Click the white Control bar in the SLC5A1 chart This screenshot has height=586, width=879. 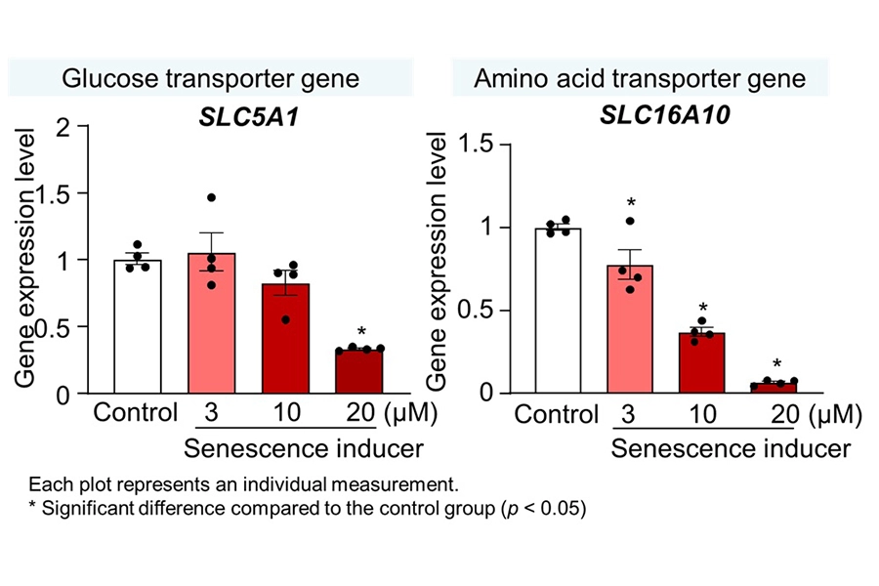[x=137, y=327]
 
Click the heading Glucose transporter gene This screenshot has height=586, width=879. [x=209, y=78]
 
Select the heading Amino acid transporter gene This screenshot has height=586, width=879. [x=640, y=78]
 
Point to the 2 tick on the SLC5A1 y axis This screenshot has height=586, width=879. [x=65, y=126]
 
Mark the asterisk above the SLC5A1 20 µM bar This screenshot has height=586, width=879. [x=361, y=331]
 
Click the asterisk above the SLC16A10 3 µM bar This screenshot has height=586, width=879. [x=632, y=204]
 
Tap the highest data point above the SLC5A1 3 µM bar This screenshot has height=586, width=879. [x=210, y=198]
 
